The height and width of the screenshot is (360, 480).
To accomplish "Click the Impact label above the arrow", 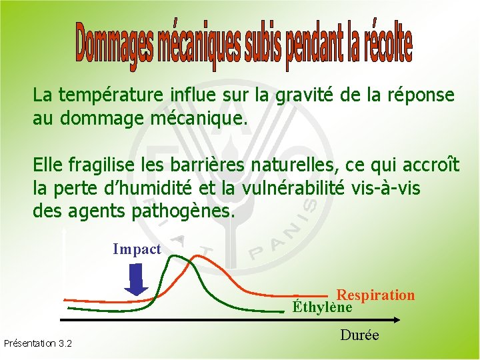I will click(x=137, y=249).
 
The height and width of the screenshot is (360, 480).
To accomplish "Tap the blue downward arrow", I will click(x=137, y=279).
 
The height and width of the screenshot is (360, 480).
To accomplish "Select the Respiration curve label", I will click(x=375, y=295).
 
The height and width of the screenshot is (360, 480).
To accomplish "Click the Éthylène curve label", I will click(x=322, y=307).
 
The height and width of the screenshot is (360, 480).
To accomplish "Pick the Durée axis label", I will click(x=359, y=335).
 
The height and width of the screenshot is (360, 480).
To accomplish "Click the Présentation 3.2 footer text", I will click(x=38, y=344).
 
